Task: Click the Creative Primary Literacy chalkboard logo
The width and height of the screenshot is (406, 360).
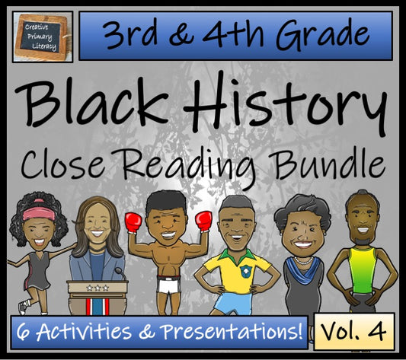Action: click(x=43, y=36)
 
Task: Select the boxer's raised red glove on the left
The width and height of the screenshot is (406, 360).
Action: click(x=134, y=222)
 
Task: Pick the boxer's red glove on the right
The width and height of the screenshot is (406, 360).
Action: click(x=203, y=221)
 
